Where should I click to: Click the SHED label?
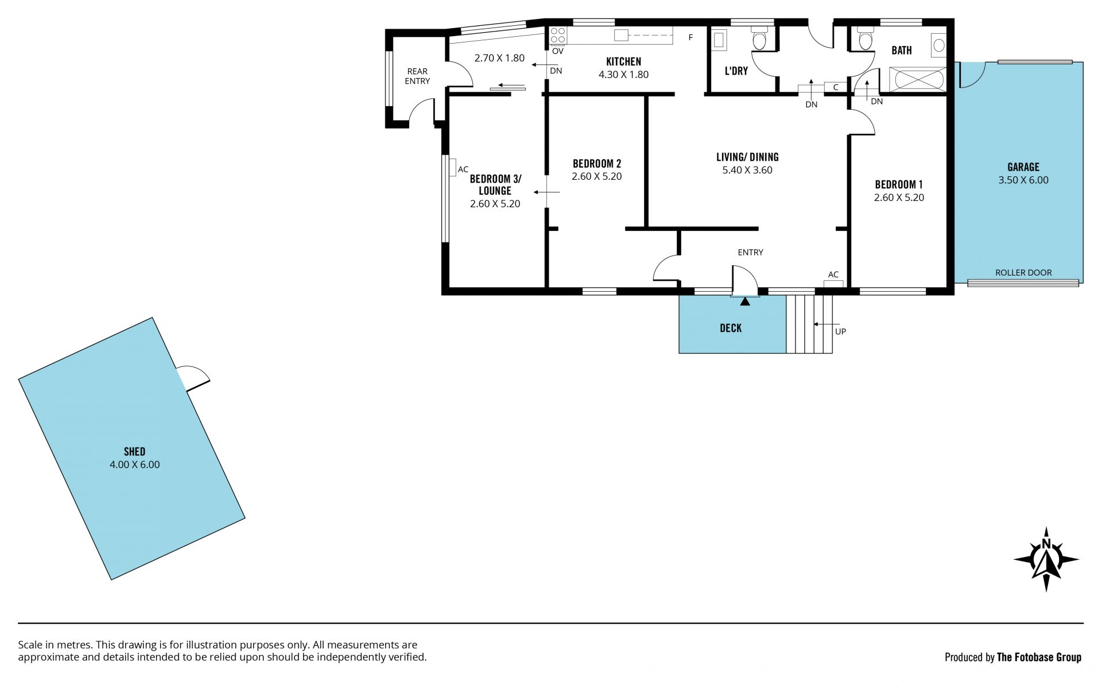(134, 452)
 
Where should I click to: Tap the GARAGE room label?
(1023, 167)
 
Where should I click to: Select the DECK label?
(731, 328)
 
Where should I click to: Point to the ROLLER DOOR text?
(1023, 273)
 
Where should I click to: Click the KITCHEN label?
(623, 61)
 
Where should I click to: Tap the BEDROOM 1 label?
(899, 184)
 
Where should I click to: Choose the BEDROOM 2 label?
(597, 164)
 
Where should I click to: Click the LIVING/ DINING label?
(747, 157)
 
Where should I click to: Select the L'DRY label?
(736, 71)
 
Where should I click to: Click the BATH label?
(902, 51)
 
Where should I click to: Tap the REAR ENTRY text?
(417, 76)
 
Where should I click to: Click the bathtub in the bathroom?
(917, 79)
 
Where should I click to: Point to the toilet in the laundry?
(759, 38)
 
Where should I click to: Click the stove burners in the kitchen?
(558, 36)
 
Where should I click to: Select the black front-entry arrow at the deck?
(745, 301)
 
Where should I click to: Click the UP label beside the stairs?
(840, 331)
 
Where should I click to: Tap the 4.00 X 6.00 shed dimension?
(134, 465)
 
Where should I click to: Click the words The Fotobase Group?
(1039, 657)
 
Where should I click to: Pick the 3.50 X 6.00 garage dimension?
(1023, 180)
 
